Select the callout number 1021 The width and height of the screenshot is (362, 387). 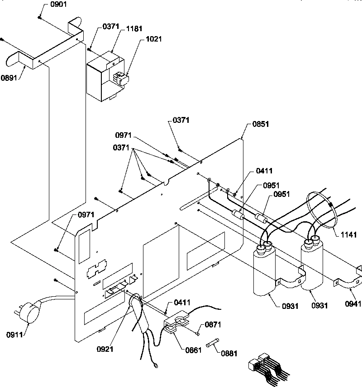(x=153, y=39)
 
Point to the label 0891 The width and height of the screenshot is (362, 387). (x=9, y=77)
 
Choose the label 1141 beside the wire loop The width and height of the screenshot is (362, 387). (x=348, y=234)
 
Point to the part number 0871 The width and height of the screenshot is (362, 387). (x=213, y=325)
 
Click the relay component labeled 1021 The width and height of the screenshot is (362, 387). (x=121, y=79)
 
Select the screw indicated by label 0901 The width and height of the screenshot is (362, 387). (x=40, y=18)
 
